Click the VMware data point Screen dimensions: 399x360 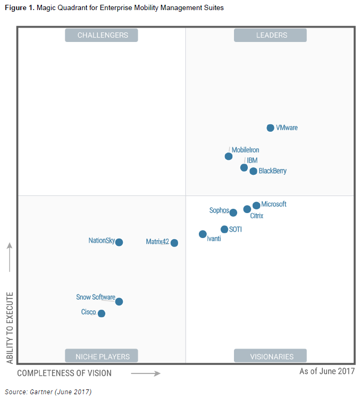(270, 128)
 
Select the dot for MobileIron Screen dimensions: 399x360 (229, 156)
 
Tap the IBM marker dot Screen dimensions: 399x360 (244, 167)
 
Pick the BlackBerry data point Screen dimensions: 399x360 (254, 171)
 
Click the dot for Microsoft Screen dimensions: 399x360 (256, 205)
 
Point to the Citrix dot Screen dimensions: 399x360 (247, 209)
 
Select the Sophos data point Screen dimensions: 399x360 (233, 213)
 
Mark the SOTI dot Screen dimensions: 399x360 (224, 230)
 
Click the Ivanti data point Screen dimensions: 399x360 (203, 234)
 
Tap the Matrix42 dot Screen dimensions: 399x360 (174, 243)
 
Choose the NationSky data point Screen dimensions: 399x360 (119, 242)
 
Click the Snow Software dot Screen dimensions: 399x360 (119, 302)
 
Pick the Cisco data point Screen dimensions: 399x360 (102, 313)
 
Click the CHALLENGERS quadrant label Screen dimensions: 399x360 (102, 35)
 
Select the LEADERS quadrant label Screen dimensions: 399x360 (271, 35)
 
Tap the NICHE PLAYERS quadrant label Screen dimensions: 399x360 (102, 356)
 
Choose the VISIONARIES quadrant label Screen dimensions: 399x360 (271, 356)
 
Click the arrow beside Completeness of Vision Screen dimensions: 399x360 (146, 373)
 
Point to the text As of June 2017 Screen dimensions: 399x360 (326, 371)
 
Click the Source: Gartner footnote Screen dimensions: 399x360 (52, 392)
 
